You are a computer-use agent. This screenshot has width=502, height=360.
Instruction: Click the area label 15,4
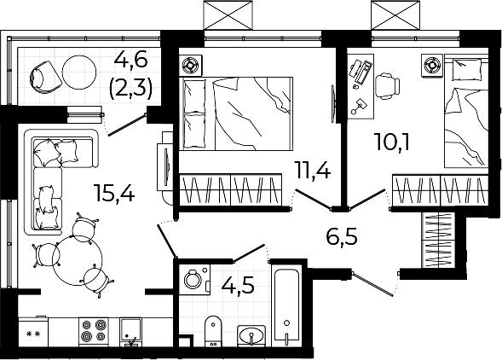[x=114, y=192]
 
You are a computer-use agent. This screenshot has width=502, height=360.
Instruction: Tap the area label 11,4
[x=313, y=170]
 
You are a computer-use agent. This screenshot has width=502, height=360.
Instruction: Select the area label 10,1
[x=392, y=142]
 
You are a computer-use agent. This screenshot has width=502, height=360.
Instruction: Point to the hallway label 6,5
[x=341, y=237]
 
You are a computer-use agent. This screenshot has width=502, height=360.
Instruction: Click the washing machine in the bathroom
[x=194, y=279]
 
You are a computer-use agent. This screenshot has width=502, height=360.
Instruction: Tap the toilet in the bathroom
[x=213, y=331]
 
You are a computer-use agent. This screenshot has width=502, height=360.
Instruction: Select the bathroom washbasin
[x=251, y=336]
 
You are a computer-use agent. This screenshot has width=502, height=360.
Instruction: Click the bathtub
[x=287, y=306]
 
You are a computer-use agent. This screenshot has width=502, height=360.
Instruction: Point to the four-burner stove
[x=94, y=332]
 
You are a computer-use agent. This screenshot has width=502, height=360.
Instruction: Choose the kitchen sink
[x=130, y=332]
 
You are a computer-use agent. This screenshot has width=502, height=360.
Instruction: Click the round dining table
[x=78, y=261]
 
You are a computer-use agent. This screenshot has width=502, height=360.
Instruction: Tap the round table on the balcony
[x=79, y=73]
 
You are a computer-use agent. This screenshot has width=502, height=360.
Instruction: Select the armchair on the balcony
[x=45, y=78]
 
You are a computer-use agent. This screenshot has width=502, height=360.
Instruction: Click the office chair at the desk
[x=388, y=85]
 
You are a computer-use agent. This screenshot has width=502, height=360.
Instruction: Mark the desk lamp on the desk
[x=360, y=106]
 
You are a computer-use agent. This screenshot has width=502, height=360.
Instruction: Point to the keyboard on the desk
[x=365, y=73]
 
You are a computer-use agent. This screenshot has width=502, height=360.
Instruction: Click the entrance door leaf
[x=373, y=284]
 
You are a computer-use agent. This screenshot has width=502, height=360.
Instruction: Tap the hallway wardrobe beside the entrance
[x=438, y=240]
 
